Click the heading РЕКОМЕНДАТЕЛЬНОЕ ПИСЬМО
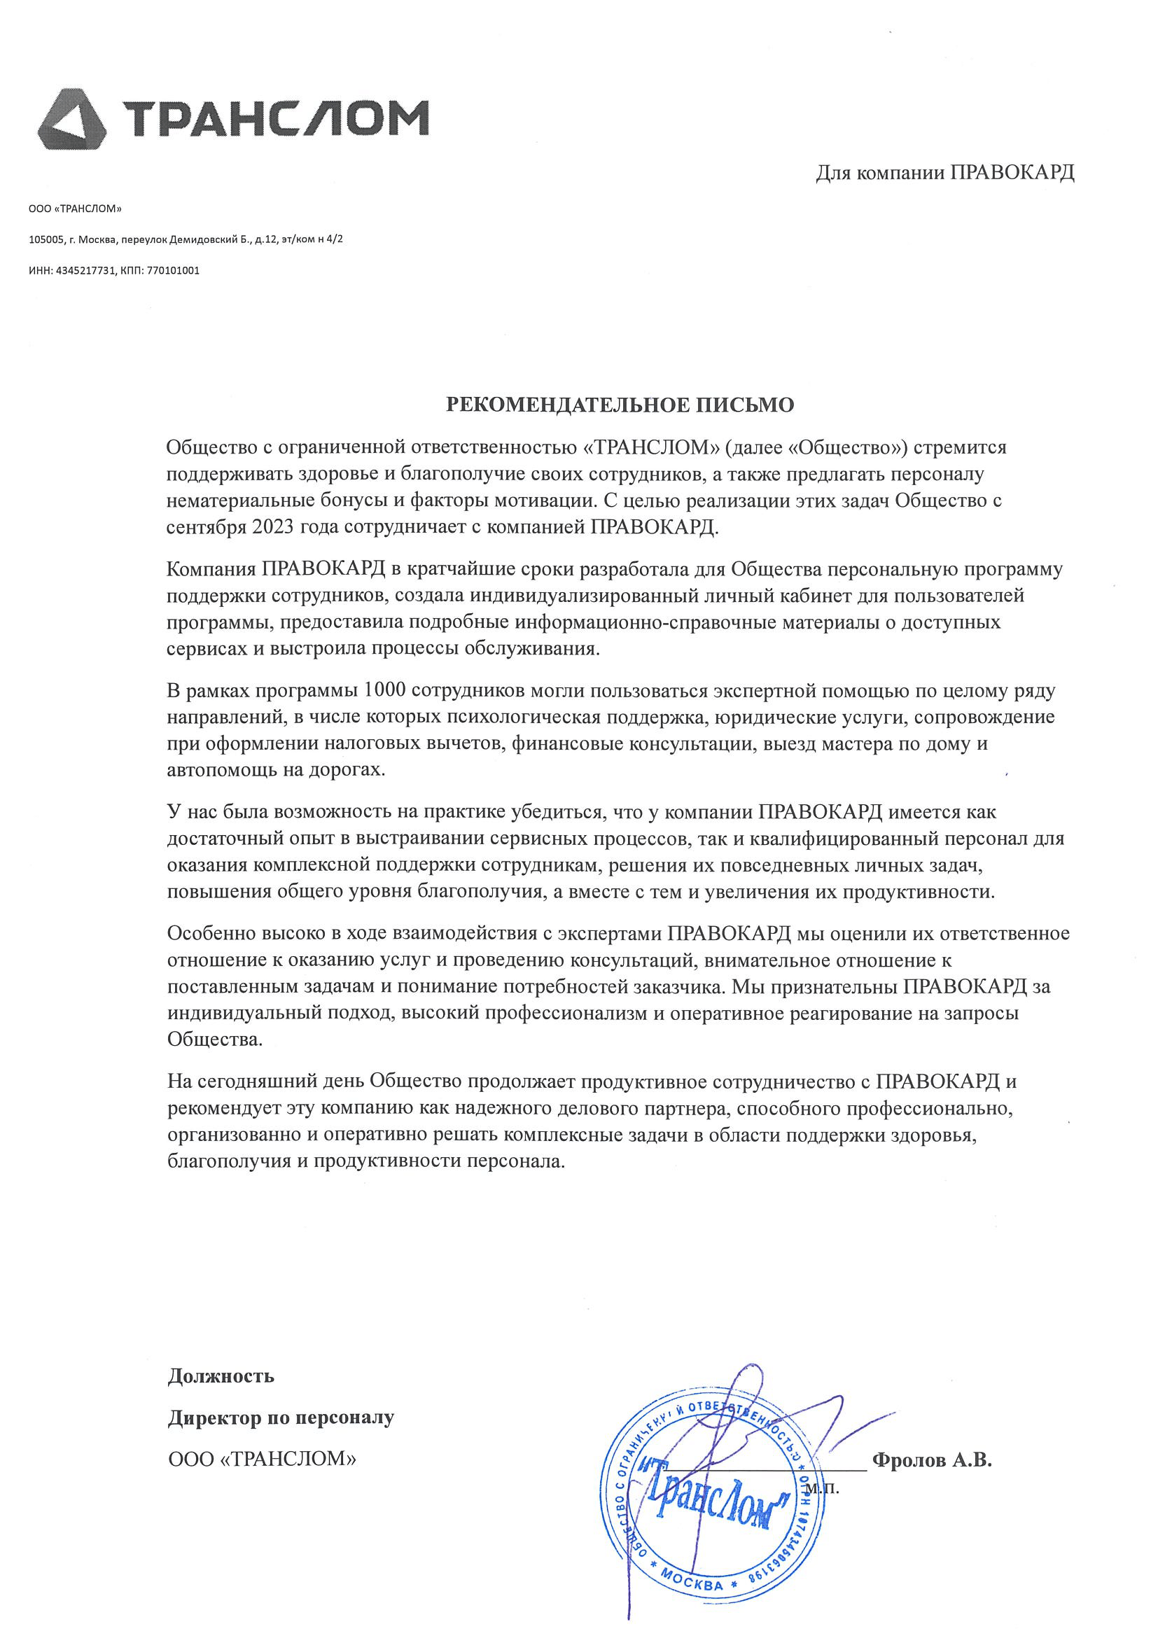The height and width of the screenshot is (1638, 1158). coord(620,405)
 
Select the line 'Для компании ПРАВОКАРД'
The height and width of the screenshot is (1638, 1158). coord(944,173)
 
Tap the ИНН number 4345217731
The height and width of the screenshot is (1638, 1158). coord(85,271)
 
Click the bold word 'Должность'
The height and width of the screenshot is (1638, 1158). coord(221,1375)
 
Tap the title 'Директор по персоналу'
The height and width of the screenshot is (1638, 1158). coord(281,1417)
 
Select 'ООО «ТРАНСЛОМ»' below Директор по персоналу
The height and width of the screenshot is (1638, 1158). coord(262,1459)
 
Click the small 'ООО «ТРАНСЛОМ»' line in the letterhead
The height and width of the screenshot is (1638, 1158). coord(76,209)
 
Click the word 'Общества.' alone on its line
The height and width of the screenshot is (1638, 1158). coord(215,1039)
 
